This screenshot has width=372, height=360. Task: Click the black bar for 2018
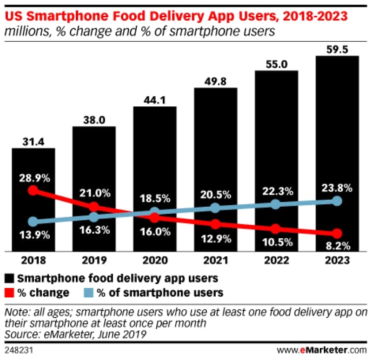coord(33,200)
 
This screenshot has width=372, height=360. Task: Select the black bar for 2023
coord(337,153)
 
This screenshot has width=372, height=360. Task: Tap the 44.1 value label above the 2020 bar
coord(154,99)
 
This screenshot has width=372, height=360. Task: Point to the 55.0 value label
coord(276,64)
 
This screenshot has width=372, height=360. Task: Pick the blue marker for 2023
coord(337,201)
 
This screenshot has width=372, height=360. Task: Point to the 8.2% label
coord(337,246)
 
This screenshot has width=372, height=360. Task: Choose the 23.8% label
coord(337,189)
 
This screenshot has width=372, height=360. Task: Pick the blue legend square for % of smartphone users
coord(88,293)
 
